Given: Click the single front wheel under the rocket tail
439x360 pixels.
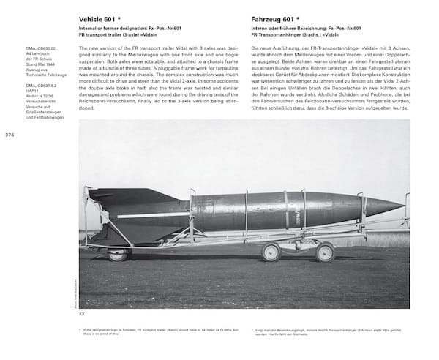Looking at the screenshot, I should click(118, 253).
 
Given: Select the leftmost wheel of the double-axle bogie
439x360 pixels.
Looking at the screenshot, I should click(271, 252).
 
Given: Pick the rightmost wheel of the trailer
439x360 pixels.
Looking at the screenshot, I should click(325, 252).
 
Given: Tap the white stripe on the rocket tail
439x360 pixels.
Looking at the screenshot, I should click(146, 214).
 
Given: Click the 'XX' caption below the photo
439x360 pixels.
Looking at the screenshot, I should click(82, 313).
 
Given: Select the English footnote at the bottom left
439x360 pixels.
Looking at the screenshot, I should click(146, 333).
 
